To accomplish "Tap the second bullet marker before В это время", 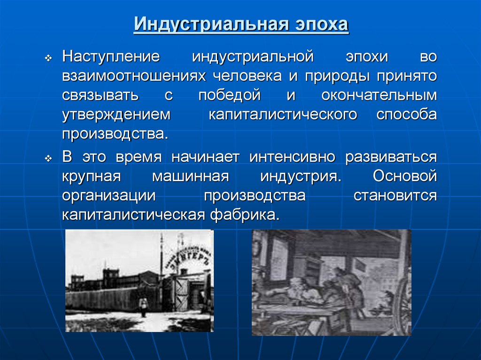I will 48,159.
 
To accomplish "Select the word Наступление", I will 111,57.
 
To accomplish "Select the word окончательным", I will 379,95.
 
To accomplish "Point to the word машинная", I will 190,176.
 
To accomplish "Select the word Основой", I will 405,176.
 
